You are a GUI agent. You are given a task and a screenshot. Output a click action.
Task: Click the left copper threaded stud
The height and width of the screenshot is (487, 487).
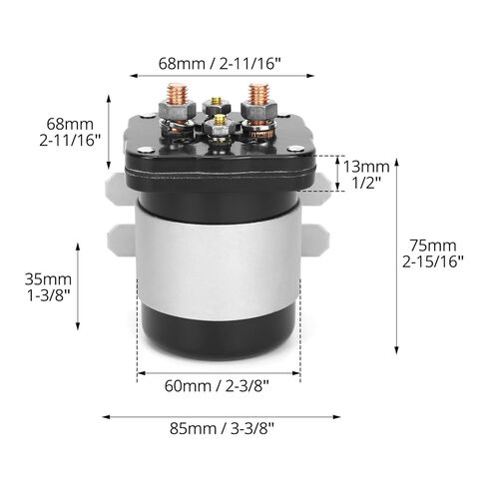tap(178, 93)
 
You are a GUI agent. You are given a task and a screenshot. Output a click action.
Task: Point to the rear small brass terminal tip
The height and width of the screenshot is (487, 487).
tap(217, 101)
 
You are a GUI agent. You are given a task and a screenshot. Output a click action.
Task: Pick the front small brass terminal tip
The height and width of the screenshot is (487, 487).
tap(220, 120)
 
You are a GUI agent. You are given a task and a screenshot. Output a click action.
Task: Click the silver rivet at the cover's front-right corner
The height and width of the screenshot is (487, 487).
tap(294, 149)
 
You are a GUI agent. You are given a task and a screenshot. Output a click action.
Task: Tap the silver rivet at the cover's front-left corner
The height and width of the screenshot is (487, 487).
tap(146, 150)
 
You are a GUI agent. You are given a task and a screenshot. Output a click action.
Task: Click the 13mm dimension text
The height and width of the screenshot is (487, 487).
tap(366, 167)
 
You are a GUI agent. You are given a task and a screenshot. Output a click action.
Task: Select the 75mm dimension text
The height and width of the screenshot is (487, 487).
tap(432, 245)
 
